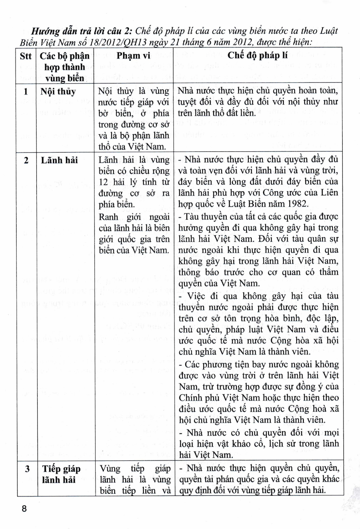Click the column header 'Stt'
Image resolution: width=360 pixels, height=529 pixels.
[x=26, y=56]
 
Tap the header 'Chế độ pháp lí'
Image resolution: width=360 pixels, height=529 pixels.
[x=257, y=55]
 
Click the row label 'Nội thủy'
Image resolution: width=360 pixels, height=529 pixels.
[x=58, y=92]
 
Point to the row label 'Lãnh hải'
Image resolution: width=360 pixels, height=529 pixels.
[x=59, y=160]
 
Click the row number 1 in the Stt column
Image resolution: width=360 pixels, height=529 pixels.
[x=26, y=92]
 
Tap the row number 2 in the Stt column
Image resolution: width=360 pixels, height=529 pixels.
[x=26, y=160]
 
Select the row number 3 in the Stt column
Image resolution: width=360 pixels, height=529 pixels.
[x=27, y=469]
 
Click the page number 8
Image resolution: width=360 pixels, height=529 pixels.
[x=24, y=509]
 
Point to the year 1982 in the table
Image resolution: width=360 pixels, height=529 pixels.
[x=297, y=204]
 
